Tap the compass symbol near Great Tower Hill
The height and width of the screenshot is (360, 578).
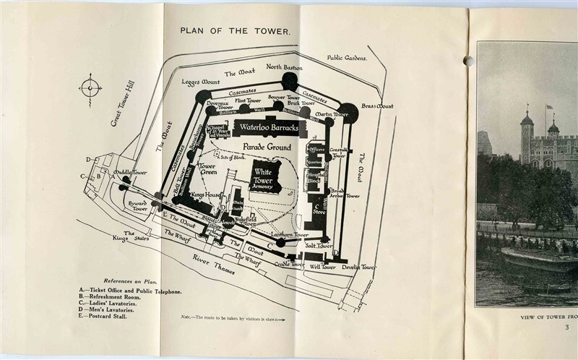click(x=90, y=89)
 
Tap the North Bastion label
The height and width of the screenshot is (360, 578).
click(x=284, y=67)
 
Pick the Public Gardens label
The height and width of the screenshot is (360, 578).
click(x=347, y=57)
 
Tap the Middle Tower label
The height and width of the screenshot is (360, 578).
click(x=130, y=173)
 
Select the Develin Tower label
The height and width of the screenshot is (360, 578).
click(x=359, y=267)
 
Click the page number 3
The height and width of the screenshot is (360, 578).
click(x=568, y=327)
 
